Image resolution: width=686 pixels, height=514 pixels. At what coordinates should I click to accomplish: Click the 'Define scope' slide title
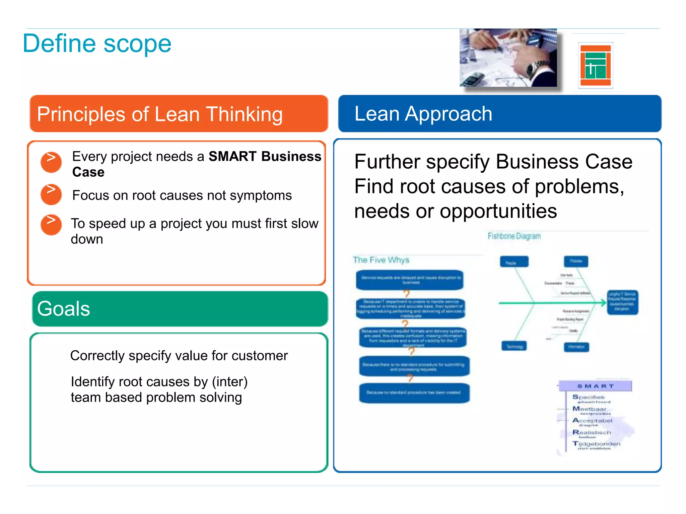97,44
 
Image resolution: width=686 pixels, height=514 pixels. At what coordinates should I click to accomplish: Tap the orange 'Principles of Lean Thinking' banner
179,114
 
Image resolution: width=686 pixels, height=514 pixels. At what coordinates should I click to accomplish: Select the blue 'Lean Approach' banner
499,114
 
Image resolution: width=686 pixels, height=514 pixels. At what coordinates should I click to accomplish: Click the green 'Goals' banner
180,309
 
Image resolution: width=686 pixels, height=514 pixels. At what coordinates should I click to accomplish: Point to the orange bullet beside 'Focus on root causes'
51,194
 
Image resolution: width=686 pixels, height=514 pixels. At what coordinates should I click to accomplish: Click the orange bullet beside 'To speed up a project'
51,225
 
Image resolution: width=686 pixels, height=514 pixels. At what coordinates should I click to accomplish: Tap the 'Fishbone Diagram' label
514,236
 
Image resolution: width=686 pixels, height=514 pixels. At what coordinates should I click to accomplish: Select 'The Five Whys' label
381,260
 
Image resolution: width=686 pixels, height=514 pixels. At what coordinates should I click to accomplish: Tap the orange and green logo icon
595,65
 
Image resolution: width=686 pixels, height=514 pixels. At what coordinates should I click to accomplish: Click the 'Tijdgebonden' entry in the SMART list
596,444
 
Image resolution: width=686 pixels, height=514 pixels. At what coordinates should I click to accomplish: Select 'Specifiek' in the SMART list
589,397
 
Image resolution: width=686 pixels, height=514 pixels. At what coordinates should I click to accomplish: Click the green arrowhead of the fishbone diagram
603,303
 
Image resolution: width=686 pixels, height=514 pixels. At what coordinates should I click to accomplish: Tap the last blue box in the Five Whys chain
414,393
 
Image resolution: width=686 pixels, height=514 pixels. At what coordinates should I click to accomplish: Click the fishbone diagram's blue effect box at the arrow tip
622,302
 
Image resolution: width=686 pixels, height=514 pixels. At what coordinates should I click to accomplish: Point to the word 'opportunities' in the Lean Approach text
498,211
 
